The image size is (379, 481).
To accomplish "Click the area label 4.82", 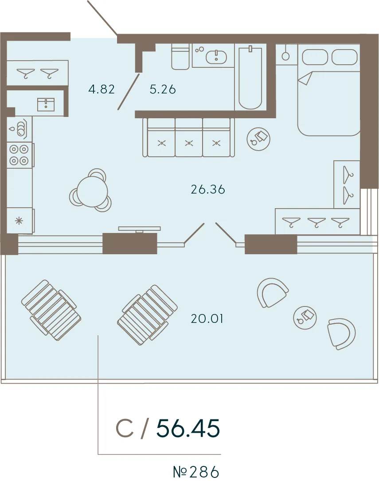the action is (x=102, y=89).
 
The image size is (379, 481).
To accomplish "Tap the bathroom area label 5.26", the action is (x=163, y=89).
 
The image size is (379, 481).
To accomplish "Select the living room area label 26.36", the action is (x=208, y=190).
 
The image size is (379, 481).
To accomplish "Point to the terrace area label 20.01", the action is (x=207, y=319).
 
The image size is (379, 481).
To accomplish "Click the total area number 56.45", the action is (x=188, y=428).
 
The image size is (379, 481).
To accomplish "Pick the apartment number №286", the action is (x=196, y=472).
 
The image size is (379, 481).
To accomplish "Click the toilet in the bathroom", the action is (x=180, y=57).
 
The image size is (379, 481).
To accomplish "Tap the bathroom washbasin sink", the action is (x=216, y=57).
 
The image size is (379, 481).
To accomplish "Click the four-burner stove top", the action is (x=20, y=155).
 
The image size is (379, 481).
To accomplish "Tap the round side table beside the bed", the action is (x=258, y=139).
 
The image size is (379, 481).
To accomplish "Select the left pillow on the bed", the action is (x=315, y=57).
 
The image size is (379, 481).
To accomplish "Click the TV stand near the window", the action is (x=140, y=229).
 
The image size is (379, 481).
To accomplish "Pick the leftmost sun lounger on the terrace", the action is (x=51, y=310).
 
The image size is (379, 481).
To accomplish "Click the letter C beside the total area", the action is (x=125, y=428).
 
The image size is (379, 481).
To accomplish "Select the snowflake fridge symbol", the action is (x=19, y=221).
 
